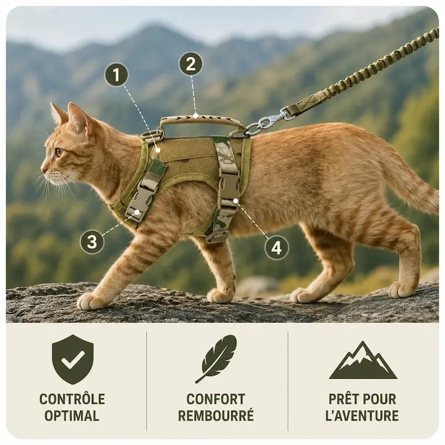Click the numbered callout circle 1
click(x=116, y=75)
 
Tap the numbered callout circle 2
click(x=191, y=64)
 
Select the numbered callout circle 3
click(x=92, y=242)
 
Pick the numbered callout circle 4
click(x=276, y=248)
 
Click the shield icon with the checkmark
click(x=73, y=359)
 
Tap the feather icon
click(x=216, y=359)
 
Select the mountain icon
click(x=363, y=360)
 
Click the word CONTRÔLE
click(x=72, y=399)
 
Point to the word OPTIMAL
click(x=72, y=416)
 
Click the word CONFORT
click(x=216, y=399)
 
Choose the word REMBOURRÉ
click(x=216, y=415)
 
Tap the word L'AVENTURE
click(x=362, y=416)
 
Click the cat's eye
click(x=60, y=152)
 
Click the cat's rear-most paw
click(x=399, y=289)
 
